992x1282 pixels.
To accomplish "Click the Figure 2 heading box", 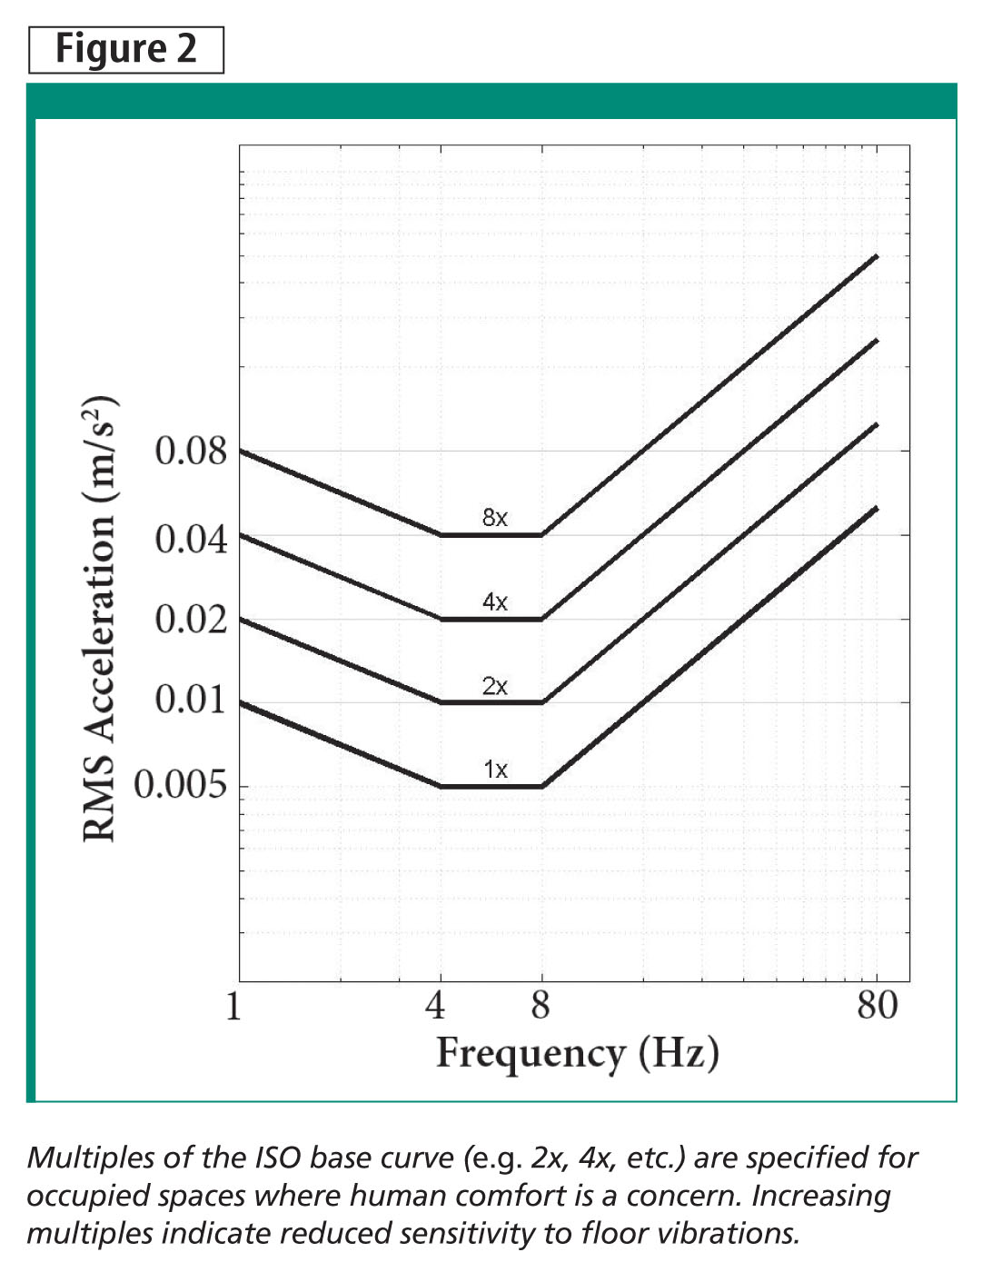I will click(126, 49).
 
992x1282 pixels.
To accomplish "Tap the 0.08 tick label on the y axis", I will click(191, 451).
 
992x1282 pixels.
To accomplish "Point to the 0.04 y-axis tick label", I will click(191, 539).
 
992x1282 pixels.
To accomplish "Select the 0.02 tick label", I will click(191, 620).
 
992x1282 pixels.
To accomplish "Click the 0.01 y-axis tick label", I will click(191, 700).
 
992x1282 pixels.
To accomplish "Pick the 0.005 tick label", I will click(181, 784).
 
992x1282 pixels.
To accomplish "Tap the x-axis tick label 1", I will click(233, 1006).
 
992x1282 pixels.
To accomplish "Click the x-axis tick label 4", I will click(436, 1006).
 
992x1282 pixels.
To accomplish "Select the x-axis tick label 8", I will click(541, 1006).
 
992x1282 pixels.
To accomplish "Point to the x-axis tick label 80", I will click(877, 1006).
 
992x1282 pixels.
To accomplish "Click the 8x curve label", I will click(494, 518).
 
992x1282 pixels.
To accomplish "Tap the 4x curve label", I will click(494, 601).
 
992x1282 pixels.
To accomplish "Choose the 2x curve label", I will click(494, 686).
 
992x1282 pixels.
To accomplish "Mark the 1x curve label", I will click(495, 770).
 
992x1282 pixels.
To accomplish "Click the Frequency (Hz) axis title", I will click(578, 1053).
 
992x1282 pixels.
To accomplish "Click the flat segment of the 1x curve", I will click(491, 786).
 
